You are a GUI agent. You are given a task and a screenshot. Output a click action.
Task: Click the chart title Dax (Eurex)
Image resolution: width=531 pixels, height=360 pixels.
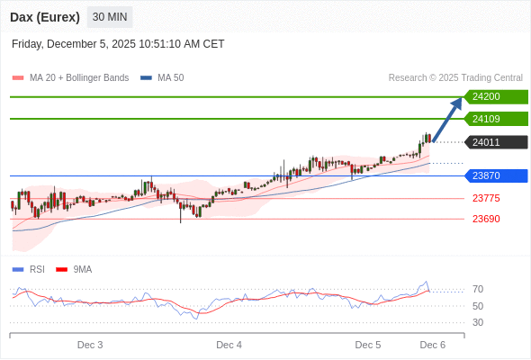point(45,17)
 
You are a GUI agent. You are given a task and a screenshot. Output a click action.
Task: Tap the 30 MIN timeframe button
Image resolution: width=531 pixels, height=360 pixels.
point(110,17)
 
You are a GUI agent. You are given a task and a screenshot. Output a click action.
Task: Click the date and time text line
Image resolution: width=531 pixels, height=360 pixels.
point(118,44)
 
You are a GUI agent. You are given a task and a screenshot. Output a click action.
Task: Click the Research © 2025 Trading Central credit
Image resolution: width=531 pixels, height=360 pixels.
point(455,78)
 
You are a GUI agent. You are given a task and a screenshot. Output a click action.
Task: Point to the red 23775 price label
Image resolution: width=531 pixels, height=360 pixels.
point(486,198)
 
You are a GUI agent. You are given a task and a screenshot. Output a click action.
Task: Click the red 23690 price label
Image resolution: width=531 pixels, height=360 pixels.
point(486,219)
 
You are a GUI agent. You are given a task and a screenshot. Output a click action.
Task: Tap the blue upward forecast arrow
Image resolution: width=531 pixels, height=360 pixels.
point(447,119)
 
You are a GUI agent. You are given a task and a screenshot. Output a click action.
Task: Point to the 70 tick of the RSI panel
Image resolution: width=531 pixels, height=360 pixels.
point(478,289)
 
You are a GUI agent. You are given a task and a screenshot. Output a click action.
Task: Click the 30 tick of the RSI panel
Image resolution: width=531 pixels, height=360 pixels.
point(478,322)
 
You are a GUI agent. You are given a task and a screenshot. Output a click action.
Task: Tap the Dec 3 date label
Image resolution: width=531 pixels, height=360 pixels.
point(90,345)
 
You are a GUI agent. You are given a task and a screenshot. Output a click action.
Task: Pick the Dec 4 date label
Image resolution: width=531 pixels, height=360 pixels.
point(229,345)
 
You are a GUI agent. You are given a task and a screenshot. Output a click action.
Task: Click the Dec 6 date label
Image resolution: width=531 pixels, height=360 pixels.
point(433,345)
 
